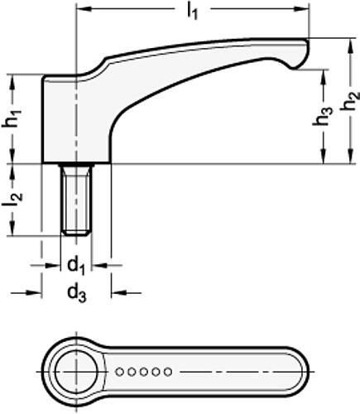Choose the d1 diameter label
76,266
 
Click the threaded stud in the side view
77,200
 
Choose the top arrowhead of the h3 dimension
323,72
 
